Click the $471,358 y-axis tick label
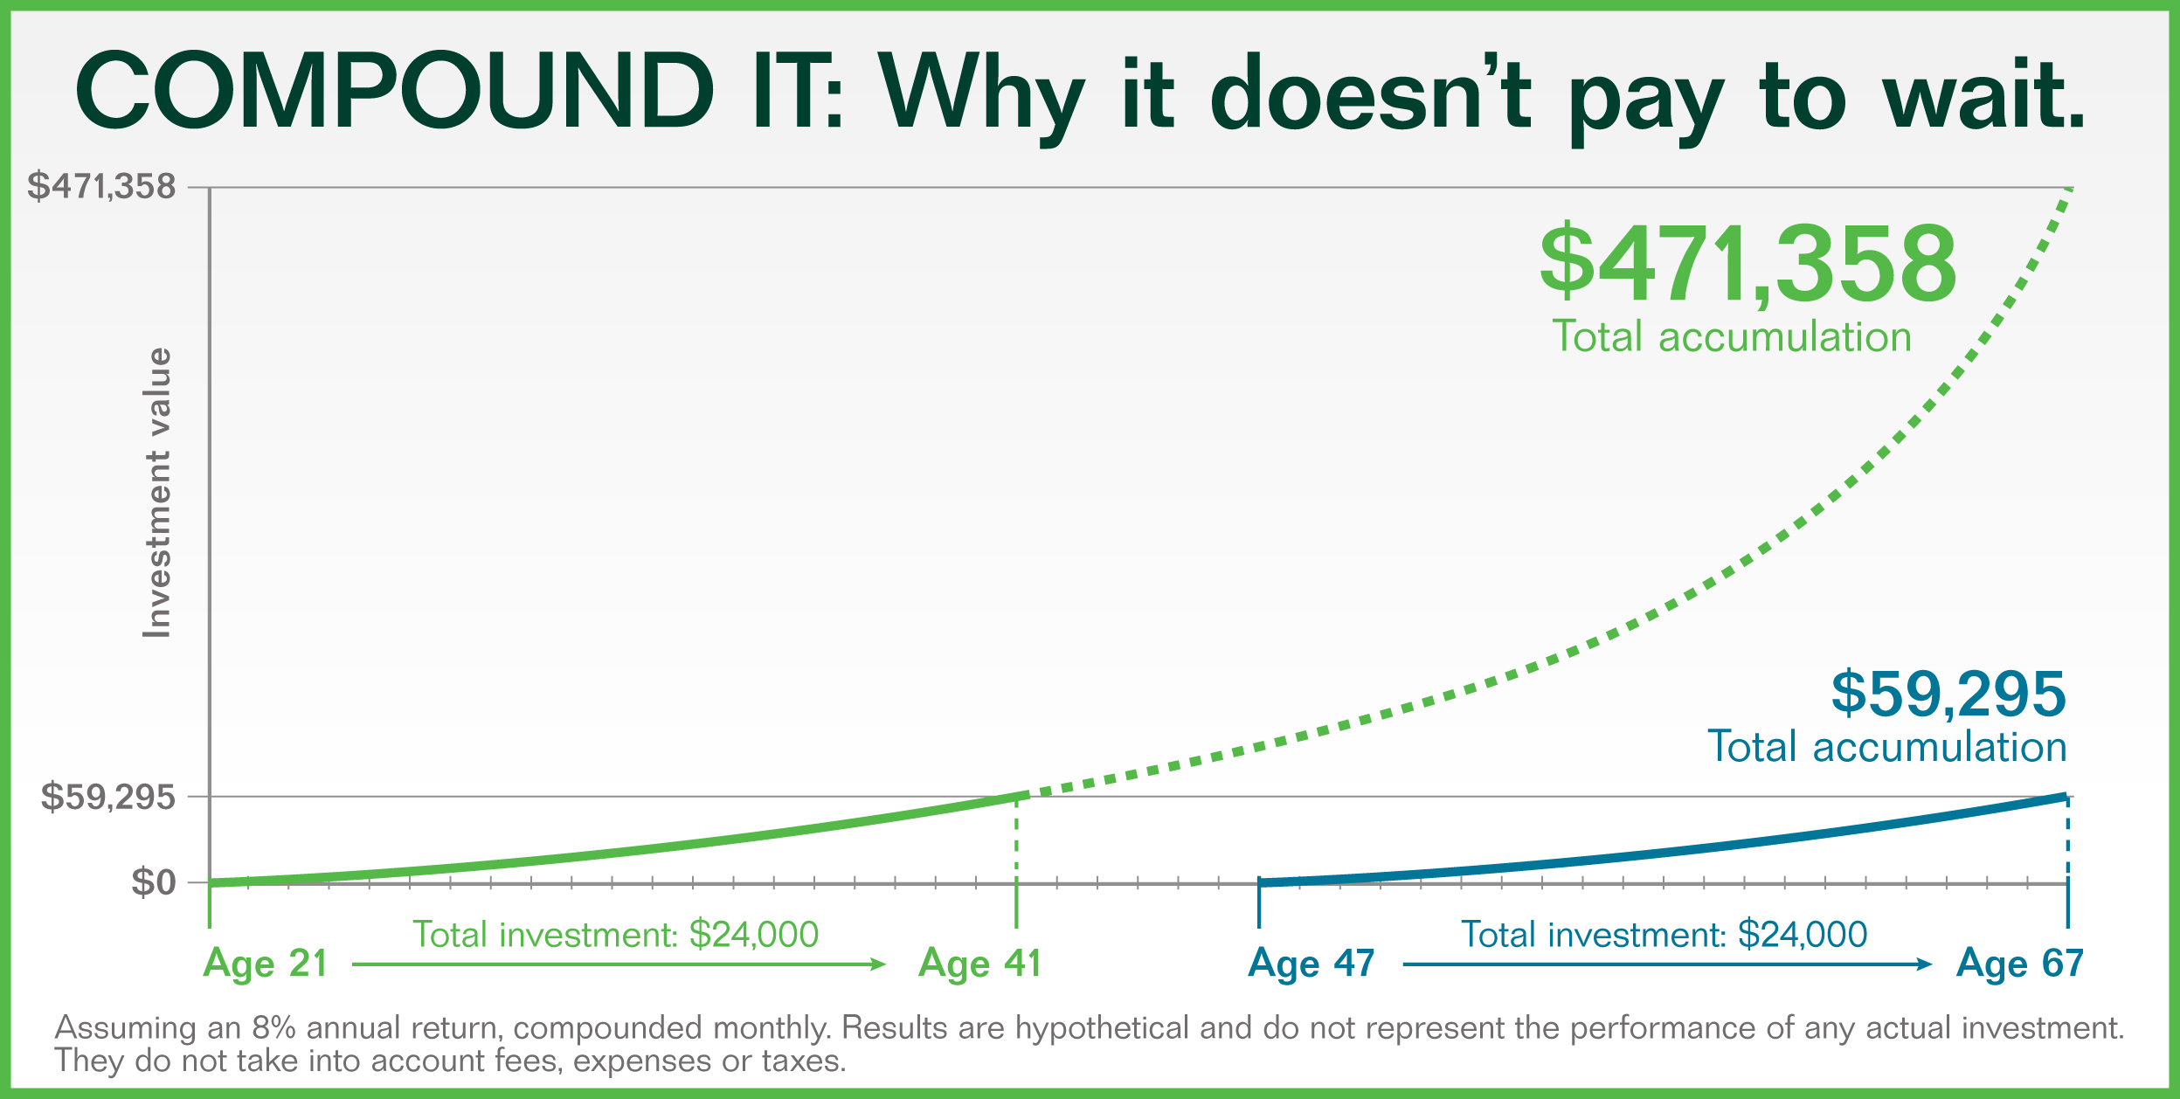(101, 186)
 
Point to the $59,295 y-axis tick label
(107, 797)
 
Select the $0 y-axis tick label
(154, 882)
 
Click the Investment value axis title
(157, 493)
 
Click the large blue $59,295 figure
(1948, 695)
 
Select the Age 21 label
(266, 964)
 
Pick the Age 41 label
(980, 964)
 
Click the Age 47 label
(1311, 964)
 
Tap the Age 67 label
(2020, 964)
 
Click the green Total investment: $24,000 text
(615, 935)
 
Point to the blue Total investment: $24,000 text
(1664, 935)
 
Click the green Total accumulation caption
(1732, 336)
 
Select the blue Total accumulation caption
(1887, 747)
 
